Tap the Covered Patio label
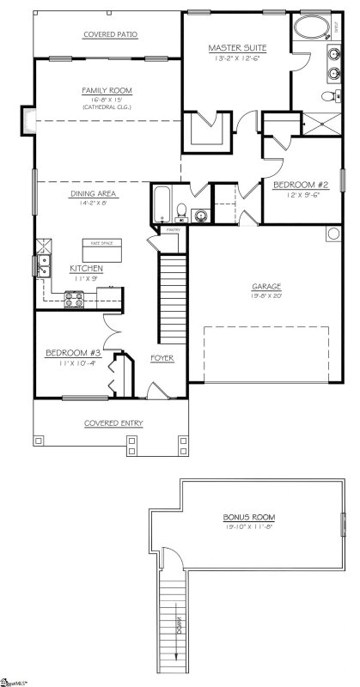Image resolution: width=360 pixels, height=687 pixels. (110, 34)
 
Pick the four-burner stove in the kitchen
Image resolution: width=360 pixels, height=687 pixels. (74, 300)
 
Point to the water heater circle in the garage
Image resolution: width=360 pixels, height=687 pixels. (333, 234)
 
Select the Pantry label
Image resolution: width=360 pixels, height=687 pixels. (172, 229)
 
